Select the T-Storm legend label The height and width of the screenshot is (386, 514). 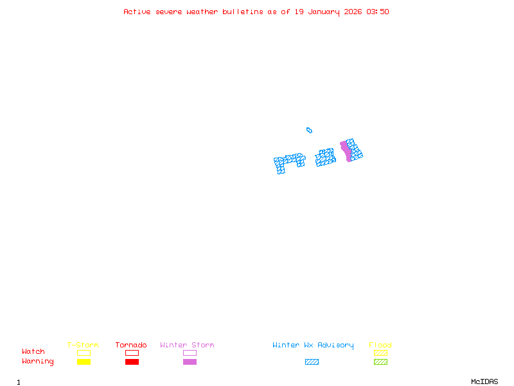tap(83, 345)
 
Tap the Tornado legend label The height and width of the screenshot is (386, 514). tap(131, 345)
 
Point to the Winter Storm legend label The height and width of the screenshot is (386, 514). tap(187, 345)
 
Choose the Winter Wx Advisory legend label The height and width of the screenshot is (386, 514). tap(313, 345)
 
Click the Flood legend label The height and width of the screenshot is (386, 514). tap(380, 345)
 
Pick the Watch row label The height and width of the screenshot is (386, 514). tap(33, 352)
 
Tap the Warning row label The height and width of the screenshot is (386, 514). tap(38, 362)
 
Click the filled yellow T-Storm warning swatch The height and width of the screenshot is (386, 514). tap(84, 362)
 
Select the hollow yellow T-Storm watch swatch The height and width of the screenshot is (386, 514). tap(84, 353)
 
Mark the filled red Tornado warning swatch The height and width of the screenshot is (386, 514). tap(132, 362)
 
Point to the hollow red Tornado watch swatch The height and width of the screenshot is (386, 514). tap(132, 353)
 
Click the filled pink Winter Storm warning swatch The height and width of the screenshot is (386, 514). tap(190, 362)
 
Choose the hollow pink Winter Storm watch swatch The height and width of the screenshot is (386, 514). tap(190, 353)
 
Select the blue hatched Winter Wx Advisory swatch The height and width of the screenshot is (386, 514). tap(312, 362)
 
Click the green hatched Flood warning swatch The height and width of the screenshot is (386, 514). tap(380, 362)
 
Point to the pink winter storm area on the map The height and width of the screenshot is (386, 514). tap(346, 151)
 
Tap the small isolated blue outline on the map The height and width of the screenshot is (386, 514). tap(309, 130)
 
